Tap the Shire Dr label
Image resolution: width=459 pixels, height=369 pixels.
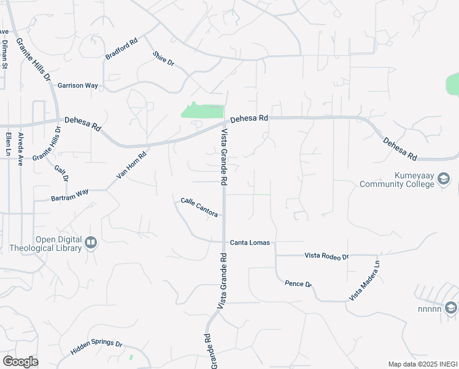coord(164,59)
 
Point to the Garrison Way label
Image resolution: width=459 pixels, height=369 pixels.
coord(78,86)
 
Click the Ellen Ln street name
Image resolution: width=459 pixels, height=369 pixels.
coord(8,143)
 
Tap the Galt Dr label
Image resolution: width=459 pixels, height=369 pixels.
coord(61,173)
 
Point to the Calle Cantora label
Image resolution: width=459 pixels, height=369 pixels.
coord(199,207)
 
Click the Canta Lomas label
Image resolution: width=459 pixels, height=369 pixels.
coord(250,243)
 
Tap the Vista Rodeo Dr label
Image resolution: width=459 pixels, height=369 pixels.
coord(326,256)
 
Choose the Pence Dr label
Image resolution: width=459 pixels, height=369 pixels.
coord(298,284)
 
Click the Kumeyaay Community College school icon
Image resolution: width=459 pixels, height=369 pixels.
coord(444,180)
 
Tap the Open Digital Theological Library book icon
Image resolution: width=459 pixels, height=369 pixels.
coord(91,244)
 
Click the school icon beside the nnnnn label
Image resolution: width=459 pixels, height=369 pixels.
coord(451,307)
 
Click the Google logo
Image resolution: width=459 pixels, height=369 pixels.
coord(20,362)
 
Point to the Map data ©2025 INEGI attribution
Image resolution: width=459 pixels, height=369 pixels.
coord(422,364)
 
